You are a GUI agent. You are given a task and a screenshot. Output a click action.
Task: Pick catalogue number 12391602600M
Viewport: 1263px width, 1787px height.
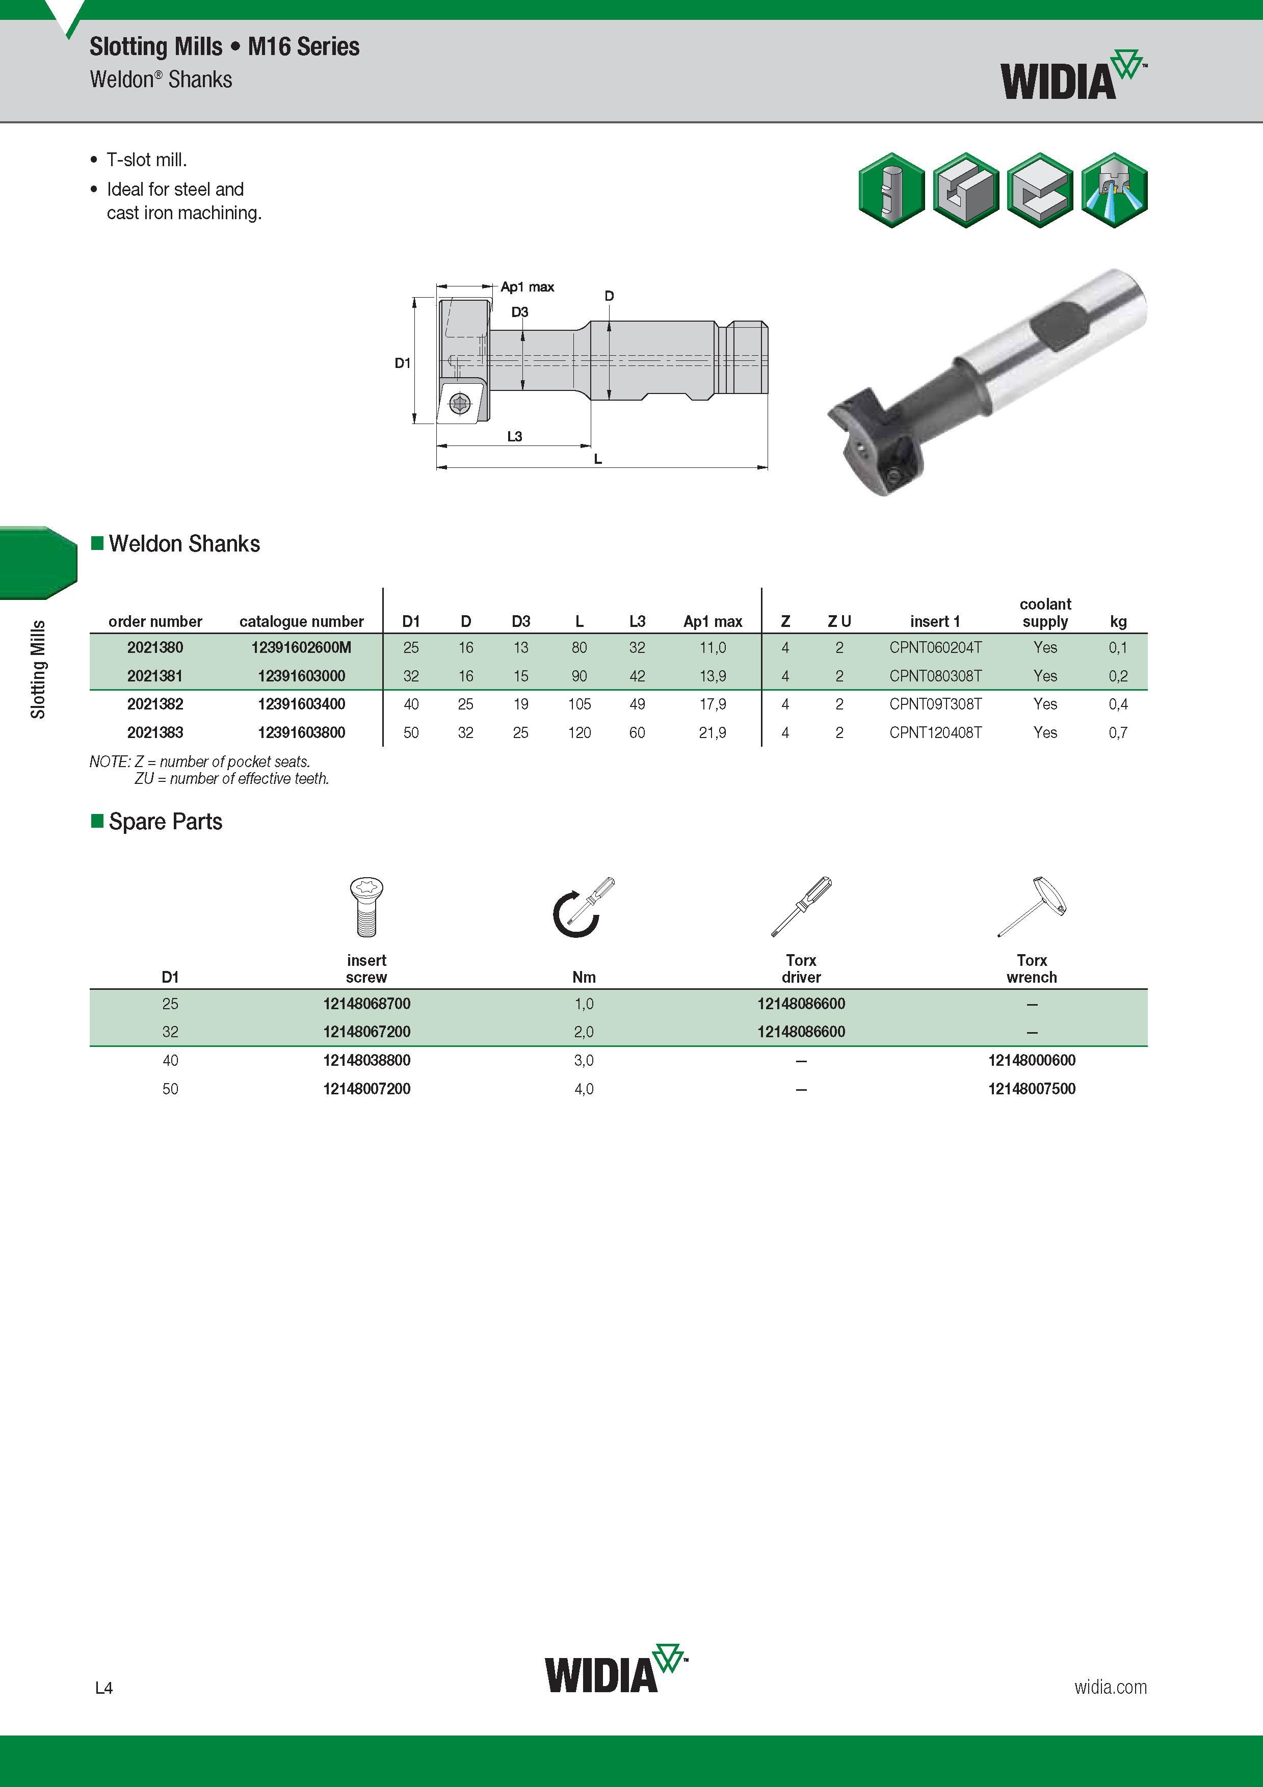point(301,647)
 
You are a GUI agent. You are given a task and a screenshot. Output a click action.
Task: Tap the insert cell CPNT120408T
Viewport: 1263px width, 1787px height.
point(935,732)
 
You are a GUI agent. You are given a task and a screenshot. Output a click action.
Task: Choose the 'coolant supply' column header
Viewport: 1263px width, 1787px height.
point(1045,613)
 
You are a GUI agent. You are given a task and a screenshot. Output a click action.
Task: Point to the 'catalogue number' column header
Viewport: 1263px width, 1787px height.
point(301,621)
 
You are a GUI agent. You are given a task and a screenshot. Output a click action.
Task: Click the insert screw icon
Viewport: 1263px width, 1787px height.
point(366,907)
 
